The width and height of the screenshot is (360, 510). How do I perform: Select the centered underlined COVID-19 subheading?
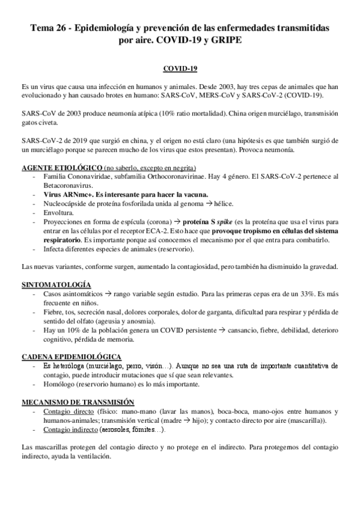tap(180, 69)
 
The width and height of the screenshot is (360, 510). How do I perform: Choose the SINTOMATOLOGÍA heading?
tap(56, 283)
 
